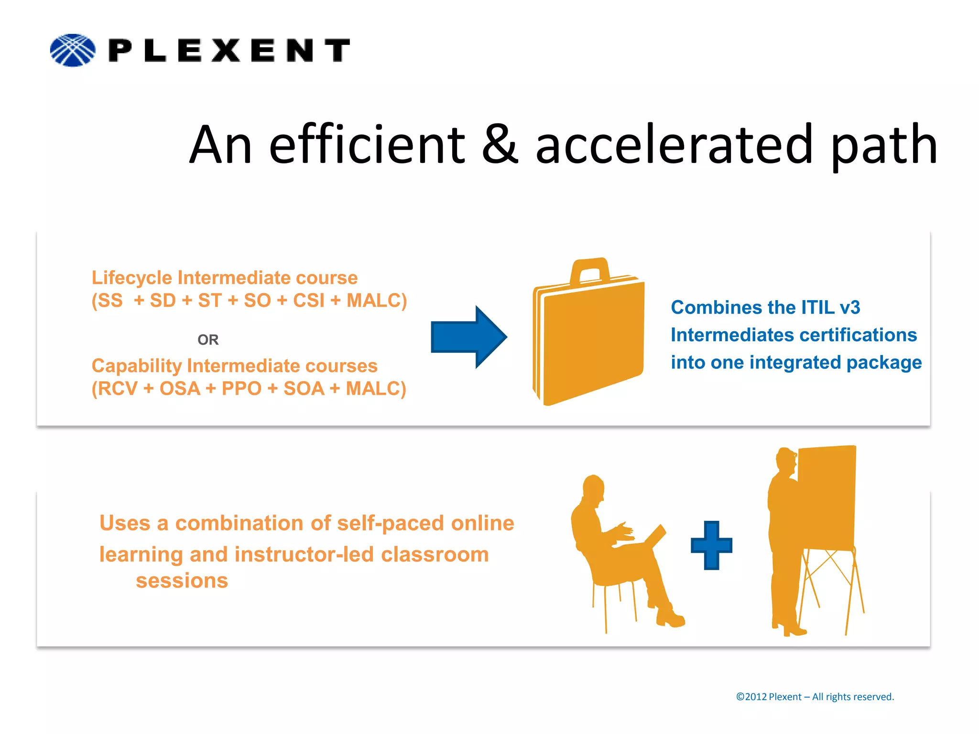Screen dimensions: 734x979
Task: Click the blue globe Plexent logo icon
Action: coord(73,50)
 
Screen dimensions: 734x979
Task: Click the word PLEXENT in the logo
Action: coord(229,50)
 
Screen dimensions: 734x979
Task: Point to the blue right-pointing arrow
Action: coord(468,337)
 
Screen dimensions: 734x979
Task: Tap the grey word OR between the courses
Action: coord(208,340)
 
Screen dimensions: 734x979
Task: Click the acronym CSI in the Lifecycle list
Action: coord(309,301)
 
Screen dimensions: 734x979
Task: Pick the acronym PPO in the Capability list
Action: coord(241,389)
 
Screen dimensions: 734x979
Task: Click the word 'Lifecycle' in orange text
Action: coord(132,278)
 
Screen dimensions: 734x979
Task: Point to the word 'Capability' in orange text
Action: coord(137,366)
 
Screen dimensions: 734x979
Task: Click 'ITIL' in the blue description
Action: coord(818,308)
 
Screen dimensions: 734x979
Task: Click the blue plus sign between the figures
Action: coord(711,545)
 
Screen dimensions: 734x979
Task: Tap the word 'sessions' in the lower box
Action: coord(182,581)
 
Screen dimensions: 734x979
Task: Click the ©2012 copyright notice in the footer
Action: coord(815,697)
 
